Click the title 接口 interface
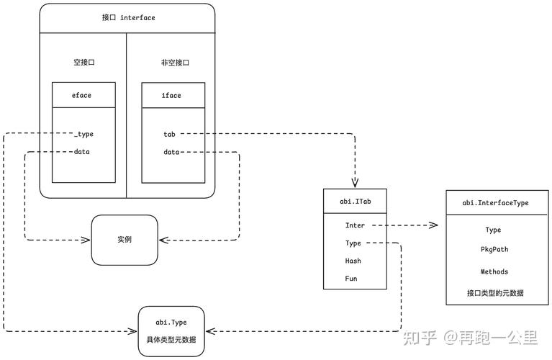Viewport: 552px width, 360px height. (x=128, y=18)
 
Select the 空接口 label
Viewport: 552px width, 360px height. (x=84, y=63)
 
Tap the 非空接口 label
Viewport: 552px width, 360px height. (x=174, y=63)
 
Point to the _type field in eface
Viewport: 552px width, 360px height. (x=83, y=134)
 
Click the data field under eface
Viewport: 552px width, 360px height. (x=82, y=152)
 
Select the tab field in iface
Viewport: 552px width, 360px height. (x=171, y=134)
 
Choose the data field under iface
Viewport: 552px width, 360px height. (x=171, y=152)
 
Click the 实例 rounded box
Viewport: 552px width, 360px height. (x=124, y=239)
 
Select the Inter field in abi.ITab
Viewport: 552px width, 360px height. (x=355, y=225)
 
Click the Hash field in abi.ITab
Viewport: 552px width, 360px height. (x=353, y=261)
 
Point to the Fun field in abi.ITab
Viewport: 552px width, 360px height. (x=352, y=278)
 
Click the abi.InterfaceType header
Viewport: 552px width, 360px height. (x=495, y=203)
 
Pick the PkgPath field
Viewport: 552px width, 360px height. (x=494, y=248)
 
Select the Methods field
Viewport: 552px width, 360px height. (x=494, y=271)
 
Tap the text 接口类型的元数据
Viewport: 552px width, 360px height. (x=495, y=293)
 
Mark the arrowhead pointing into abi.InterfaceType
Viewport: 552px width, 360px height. (x=434, y=225)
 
